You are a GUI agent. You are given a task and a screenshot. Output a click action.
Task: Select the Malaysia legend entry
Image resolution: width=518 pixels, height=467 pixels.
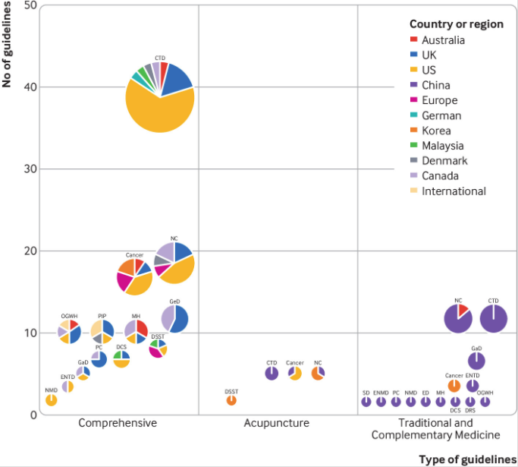click(x=442, y=146)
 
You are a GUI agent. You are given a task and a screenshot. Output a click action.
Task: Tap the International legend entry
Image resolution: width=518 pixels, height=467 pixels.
click(x=453, y=191)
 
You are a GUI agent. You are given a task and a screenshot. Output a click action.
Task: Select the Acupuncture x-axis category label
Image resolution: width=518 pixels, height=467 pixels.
click(x=276, y=423)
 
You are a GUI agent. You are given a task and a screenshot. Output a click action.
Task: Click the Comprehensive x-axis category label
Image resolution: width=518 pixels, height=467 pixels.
click(x=118, y=423)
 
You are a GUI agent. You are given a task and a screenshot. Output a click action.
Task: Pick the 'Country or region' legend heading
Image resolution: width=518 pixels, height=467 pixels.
click(x=456, y=24)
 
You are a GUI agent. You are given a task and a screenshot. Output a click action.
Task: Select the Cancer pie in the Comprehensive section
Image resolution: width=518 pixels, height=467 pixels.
click(x=135, y=276)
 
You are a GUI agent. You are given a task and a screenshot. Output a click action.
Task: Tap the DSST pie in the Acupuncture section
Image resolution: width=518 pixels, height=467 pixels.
click(x=231, y=400)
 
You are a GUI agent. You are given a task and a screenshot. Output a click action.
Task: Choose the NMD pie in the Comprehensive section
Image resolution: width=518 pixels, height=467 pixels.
click(x=52, y=400)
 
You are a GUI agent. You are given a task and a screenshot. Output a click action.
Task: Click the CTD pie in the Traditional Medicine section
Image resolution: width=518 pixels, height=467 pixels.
click(x=494, y=318)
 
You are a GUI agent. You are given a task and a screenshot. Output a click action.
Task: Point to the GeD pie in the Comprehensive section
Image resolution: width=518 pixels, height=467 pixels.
click(x=174, y=318)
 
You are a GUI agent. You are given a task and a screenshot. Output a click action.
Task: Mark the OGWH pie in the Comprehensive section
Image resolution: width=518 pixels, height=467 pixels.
click(x=69, y=331)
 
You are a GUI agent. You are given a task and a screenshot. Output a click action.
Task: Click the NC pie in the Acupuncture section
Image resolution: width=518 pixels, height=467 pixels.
click(x=318, y=373)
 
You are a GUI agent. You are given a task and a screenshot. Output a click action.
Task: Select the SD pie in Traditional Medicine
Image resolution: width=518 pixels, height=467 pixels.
click(x=366, y=401)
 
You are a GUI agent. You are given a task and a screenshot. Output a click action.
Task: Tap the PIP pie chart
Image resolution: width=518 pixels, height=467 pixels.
click(x=102, y=331)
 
